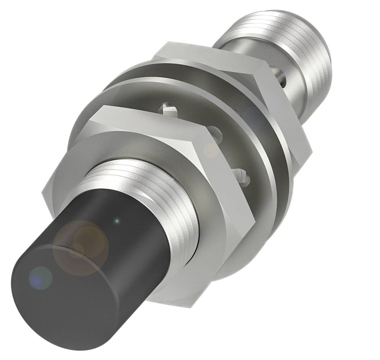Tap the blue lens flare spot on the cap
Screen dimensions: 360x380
coord(40,278)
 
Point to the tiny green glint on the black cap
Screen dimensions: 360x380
coord(117,221)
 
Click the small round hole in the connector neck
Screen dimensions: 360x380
coord(281,75)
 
